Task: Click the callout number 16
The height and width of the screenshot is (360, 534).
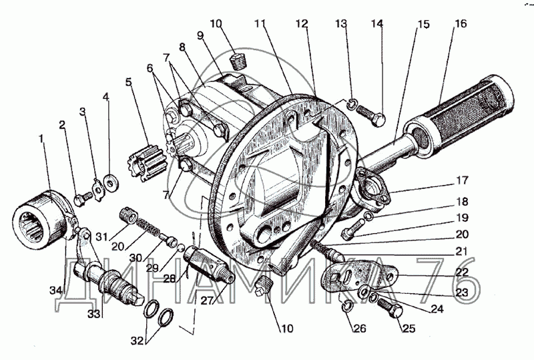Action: coord(461,23)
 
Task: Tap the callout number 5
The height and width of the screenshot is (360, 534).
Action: coord(128,82)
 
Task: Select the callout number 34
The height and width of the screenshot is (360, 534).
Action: coord(56,291)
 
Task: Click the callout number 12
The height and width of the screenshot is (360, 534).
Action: coord(302,23)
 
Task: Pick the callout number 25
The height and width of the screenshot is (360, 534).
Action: coord(409,329)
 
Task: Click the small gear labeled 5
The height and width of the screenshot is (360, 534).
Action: coord(148,163)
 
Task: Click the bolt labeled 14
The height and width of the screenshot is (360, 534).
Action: coord(371,116)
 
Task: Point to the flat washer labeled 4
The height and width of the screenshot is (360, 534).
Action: coord(110,182)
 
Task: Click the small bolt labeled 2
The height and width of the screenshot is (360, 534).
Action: coord(82,199)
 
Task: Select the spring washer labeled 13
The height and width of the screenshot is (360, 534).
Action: coord(352,104)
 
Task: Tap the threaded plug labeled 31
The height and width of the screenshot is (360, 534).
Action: coord(128,216)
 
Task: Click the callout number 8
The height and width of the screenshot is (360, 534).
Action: coord(182,47)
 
